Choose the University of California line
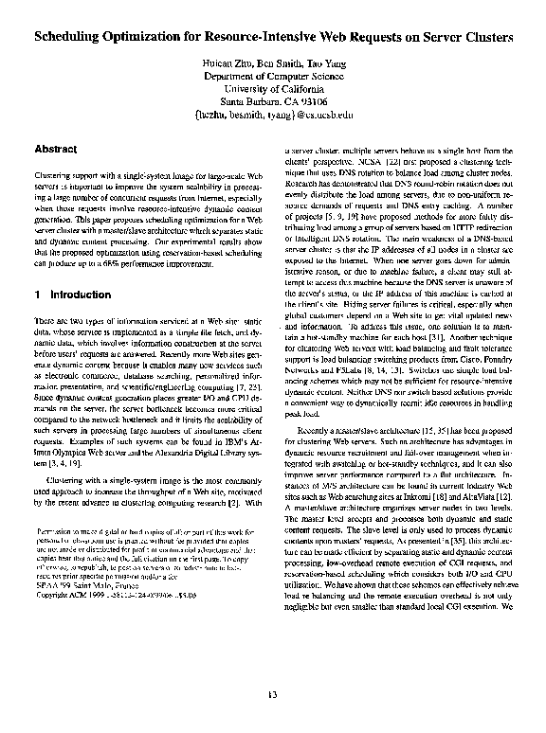pos(272,98)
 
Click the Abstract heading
pos(55,150)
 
